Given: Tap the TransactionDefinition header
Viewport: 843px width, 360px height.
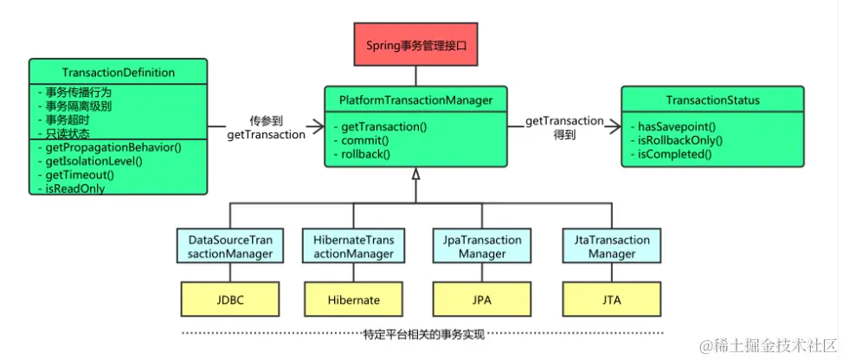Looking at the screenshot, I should pyautogui.click(x=119, y=73).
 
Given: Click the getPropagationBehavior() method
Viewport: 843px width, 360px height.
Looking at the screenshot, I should pyautogui.click(x=110, y=147).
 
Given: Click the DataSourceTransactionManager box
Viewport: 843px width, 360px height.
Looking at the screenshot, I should pyautogui.click(x=224, y=247).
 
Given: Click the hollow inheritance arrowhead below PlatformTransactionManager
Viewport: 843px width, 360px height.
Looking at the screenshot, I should pyautogui.click(x=415, y=175).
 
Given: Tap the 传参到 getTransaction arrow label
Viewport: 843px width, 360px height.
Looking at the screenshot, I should pyautogui.click(x=266, y=128).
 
